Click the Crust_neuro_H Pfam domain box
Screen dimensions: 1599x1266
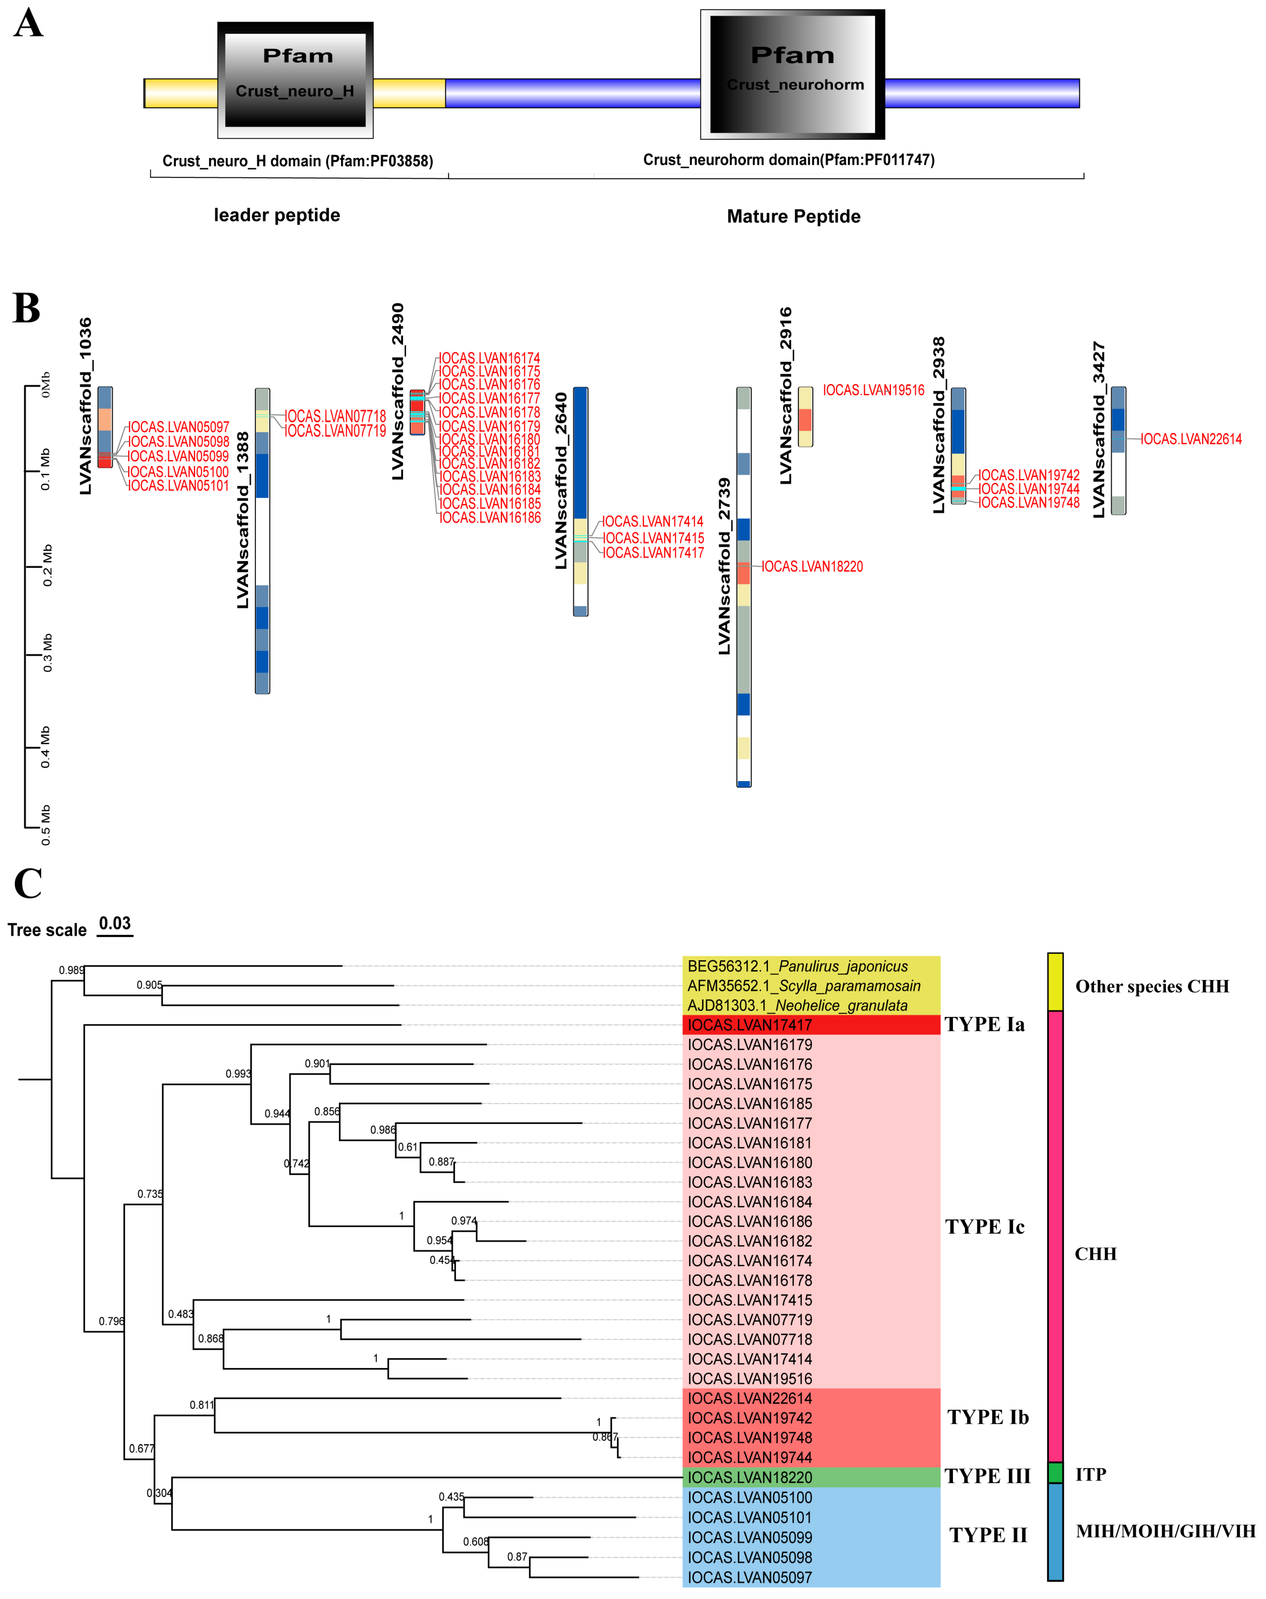tap(295, 80)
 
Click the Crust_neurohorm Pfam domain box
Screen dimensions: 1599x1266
tap(792, 74)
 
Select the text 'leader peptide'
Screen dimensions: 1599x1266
tap(277, 215)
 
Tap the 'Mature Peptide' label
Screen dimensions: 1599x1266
tap(793, 216)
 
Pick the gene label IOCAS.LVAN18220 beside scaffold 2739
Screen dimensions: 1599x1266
tap(813, 566)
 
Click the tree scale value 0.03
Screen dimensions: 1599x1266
tap(115, 923)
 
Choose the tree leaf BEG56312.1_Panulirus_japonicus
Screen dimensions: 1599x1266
tap(798, 966)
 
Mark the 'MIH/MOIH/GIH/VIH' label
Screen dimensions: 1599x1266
tap(1165, 1531)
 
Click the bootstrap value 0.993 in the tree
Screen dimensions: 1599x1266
tap(238, 1073)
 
